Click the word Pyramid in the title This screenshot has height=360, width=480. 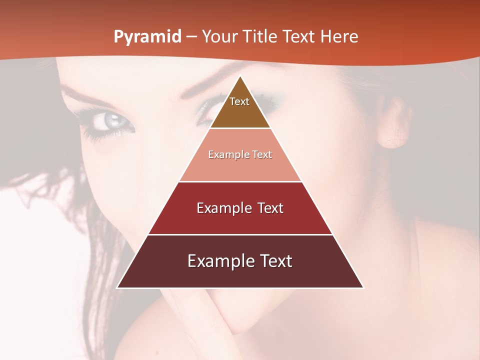[x=147, y=37]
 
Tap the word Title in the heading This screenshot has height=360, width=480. [x=261, y=37]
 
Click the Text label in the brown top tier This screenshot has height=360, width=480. [x=239, y=101]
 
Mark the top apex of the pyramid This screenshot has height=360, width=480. [x=240, y=76]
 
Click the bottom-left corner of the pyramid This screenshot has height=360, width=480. [x=117, y=287]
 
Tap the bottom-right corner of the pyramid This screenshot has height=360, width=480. [x=363, y=287]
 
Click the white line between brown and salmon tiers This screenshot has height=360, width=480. [x=240, y=128]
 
